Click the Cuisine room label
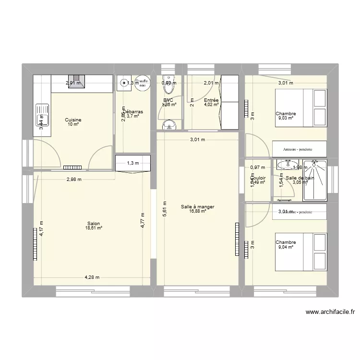73,120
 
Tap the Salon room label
94,223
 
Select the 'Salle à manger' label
197,207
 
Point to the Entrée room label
211,100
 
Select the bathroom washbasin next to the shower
287,165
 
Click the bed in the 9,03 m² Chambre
301,114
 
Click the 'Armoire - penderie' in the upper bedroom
300,149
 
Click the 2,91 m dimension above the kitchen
73,83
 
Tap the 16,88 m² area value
197,211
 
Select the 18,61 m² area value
94,228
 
